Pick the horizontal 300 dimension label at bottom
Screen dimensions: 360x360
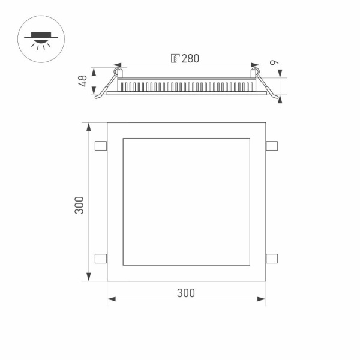(x=186, y=293)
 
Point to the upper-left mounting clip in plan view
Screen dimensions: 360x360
(x=101, y=146)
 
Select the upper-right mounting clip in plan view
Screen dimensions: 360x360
(x=271, y=145)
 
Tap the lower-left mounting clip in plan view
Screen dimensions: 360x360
(x=101, y=258)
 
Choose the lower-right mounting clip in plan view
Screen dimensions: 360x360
(x=271, y=258)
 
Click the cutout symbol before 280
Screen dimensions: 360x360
(x=175, y=58)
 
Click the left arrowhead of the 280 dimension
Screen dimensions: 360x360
(x=116, y=65)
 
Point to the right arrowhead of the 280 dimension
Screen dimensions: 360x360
(x=256, y=65)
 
